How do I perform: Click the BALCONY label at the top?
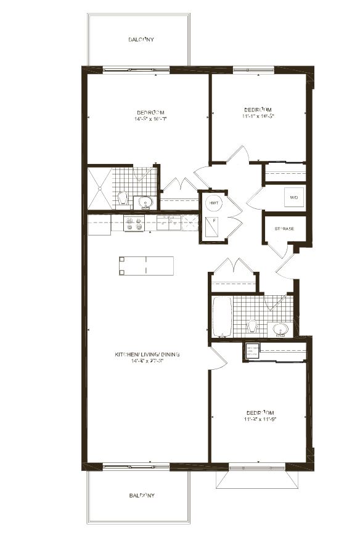click(141, 39)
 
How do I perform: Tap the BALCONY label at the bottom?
click(141, 495)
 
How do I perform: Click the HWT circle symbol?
click(213, 203)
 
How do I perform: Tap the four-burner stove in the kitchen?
click(134, 223)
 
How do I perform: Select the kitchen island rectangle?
click(146, 266)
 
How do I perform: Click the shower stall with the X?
click(99, 187)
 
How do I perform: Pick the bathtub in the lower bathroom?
click(222, 317)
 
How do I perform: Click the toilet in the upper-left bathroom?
click(123, 198)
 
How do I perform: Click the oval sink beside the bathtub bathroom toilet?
click(280, 329)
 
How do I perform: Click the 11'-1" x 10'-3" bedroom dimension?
click(258, 115)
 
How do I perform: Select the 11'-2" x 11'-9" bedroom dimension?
click(260, 419)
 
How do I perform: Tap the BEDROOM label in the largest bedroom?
click(151, 112)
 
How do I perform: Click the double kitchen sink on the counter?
click(168, 223)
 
